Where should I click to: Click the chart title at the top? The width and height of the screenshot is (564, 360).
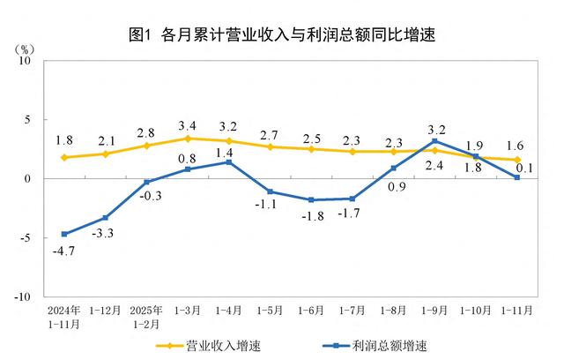coord(282,36)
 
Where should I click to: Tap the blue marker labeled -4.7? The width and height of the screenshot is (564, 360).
coord(64,234)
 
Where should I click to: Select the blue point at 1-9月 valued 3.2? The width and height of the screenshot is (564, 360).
coord(434,141)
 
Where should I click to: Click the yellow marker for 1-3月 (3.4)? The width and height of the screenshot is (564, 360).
coord(188,139)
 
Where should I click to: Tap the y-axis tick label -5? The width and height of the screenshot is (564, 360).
coord(26,238)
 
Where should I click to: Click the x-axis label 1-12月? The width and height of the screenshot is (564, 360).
coord(106,311)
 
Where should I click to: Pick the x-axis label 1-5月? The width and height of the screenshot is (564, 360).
coord(271,311)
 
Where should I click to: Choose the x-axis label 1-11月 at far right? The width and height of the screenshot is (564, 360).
coord(516,311)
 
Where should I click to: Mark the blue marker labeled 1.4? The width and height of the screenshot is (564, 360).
coord(229,162)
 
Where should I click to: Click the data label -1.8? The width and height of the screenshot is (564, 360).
coord(310,215)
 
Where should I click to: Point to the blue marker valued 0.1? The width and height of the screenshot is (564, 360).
coord(517,177)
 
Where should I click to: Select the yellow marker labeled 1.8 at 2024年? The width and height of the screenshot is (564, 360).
coord(64,157)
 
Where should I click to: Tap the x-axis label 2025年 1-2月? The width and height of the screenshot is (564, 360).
coord(146,316)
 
